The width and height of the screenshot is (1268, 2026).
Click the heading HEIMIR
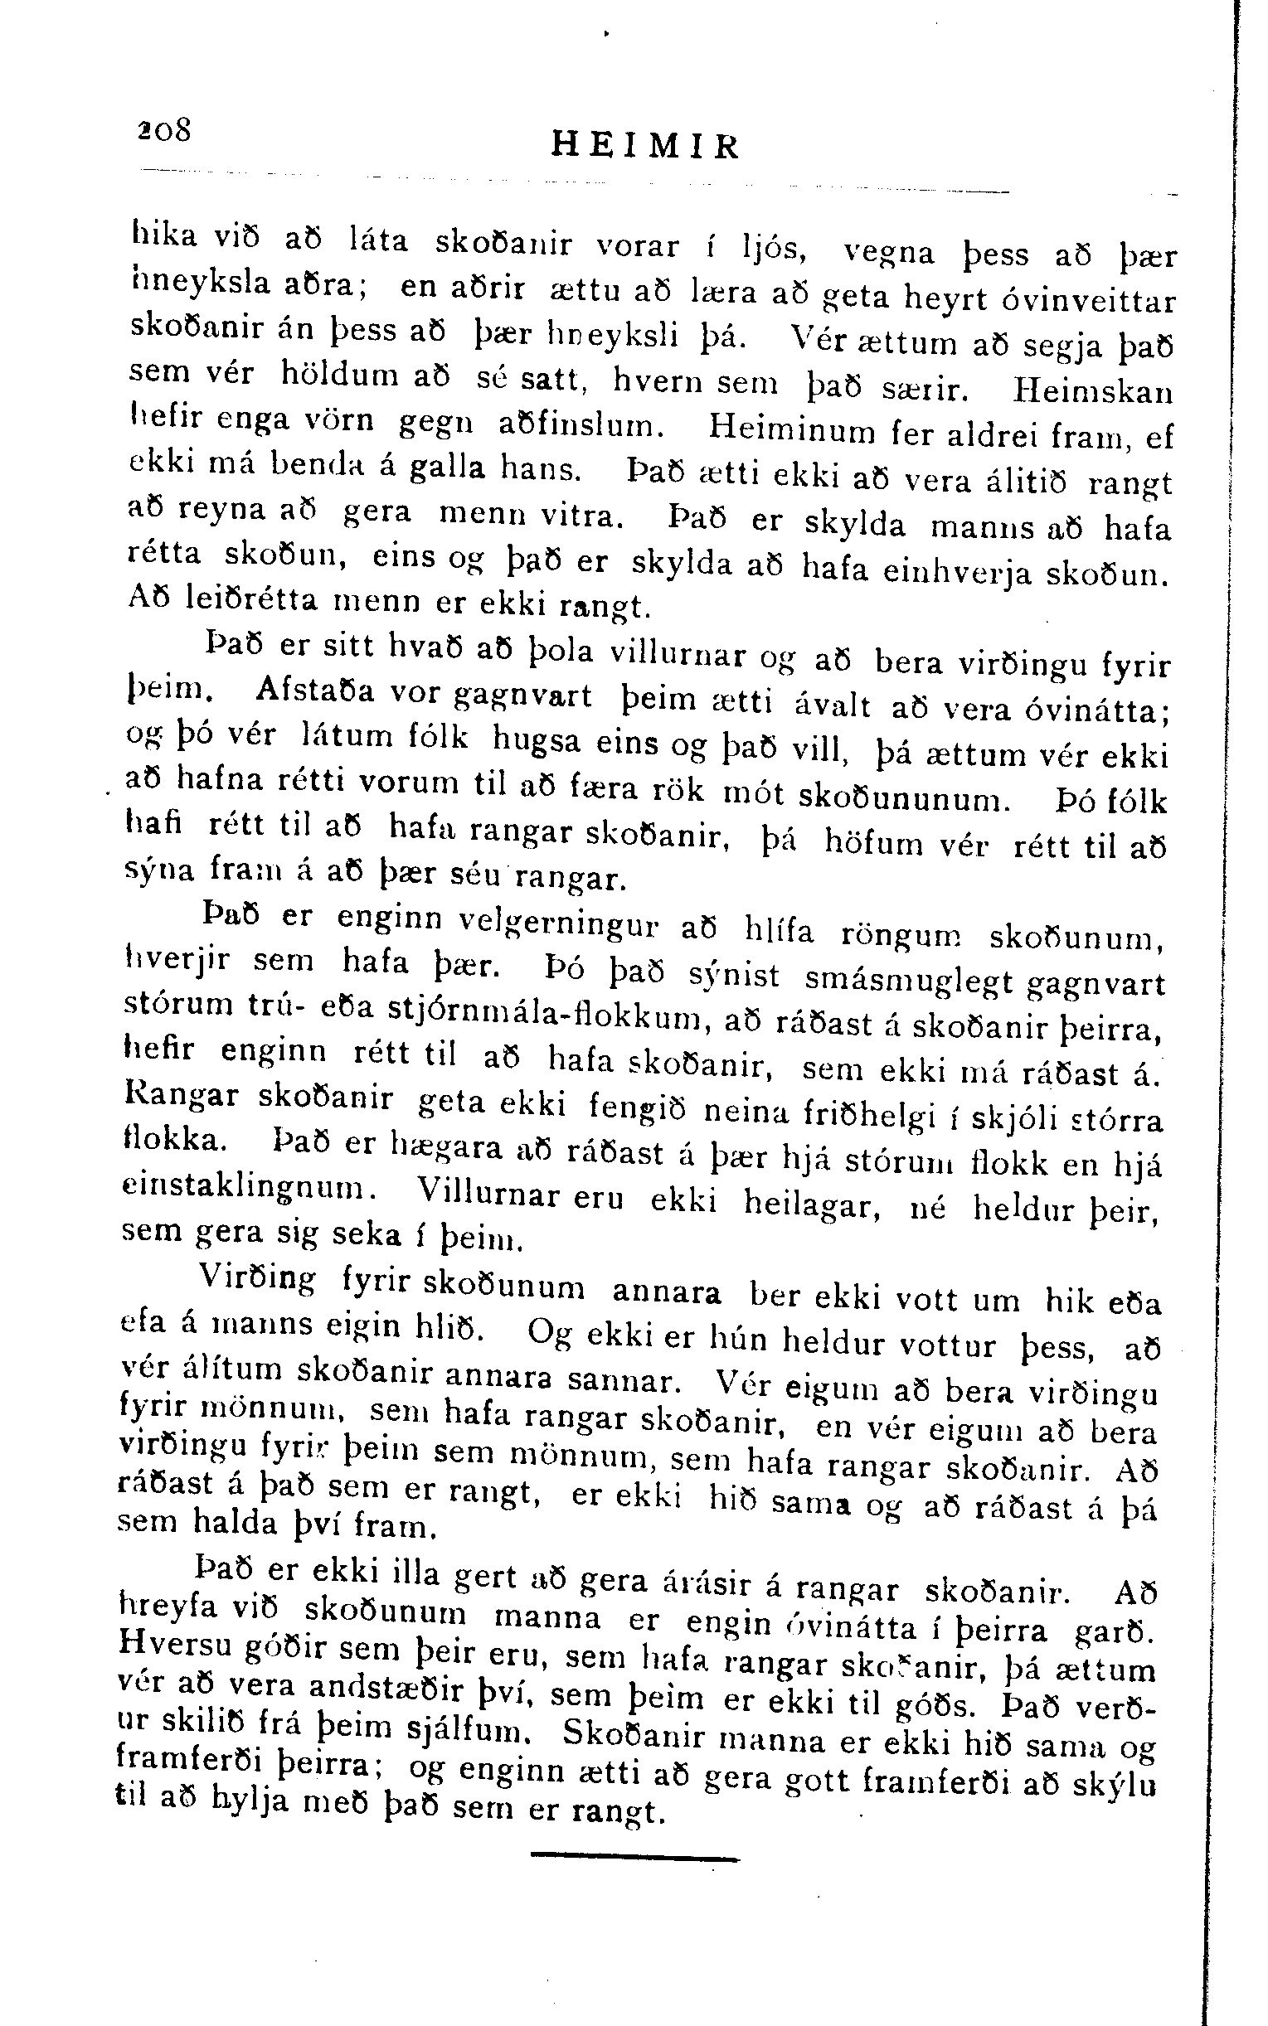[646, 147]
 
